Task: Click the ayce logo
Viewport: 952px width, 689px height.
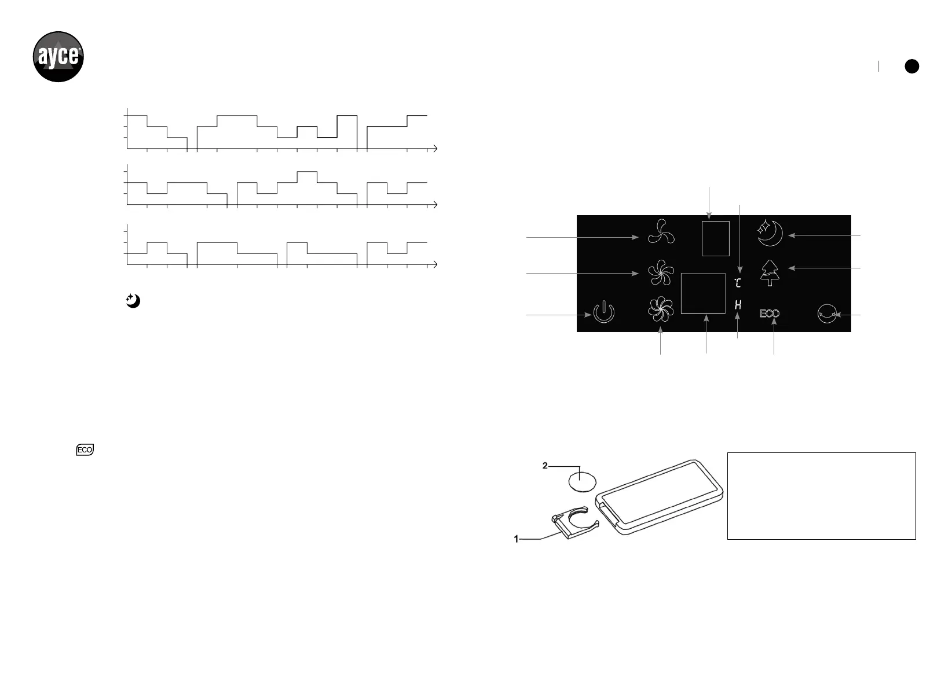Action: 58,57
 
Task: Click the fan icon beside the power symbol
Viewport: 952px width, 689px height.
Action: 661,310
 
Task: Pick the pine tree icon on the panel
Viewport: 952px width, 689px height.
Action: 770,272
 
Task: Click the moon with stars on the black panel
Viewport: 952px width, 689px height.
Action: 770,233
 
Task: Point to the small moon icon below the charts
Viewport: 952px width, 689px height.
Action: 133,301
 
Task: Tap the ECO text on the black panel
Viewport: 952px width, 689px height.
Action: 770,314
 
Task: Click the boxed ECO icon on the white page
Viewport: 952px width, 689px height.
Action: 85,450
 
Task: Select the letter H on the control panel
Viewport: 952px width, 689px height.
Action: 738,304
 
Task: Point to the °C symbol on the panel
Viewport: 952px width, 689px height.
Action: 737,283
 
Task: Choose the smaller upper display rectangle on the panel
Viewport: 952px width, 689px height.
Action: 715,238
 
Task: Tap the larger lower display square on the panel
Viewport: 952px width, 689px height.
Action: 703,293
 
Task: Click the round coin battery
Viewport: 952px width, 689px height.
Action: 582,480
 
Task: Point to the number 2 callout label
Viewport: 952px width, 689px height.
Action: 545,466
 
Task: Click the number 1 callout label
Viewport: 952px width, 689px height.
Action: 517,539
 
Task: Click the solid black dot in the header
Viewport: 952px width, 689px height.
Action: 911,67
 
